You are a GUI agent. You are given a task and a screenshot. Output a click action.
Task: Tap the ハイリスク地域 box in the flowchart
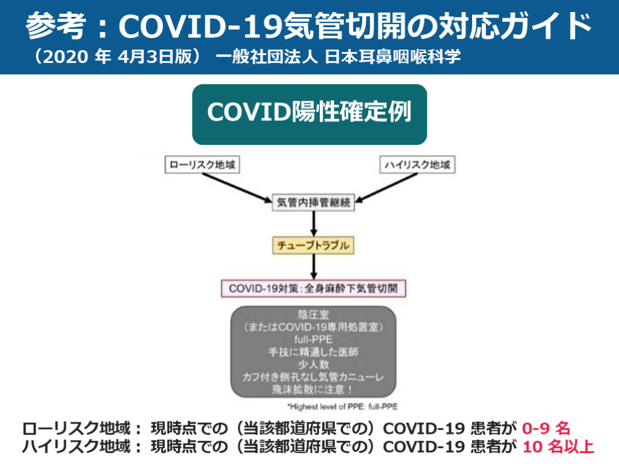[417, 165]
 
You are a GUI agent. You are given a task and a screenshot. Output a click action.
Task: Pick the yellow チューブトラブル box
[313, 246]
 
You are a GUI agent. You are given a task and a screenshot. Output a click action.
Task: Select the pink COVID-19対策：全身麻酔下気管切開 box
[313, 288]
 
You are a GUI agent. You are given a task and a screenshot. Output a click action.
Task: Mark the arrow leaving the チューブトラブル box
[313, 266]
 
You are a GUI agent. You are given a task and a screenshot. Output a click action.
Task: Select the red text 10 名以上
[558, 448]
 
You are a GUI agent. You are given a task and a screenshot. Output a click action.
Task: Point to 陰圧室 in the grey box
[313, 315]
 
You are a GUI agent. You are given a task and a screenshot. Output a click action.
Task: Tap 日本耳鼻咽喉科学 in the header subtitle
[392, 57]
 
